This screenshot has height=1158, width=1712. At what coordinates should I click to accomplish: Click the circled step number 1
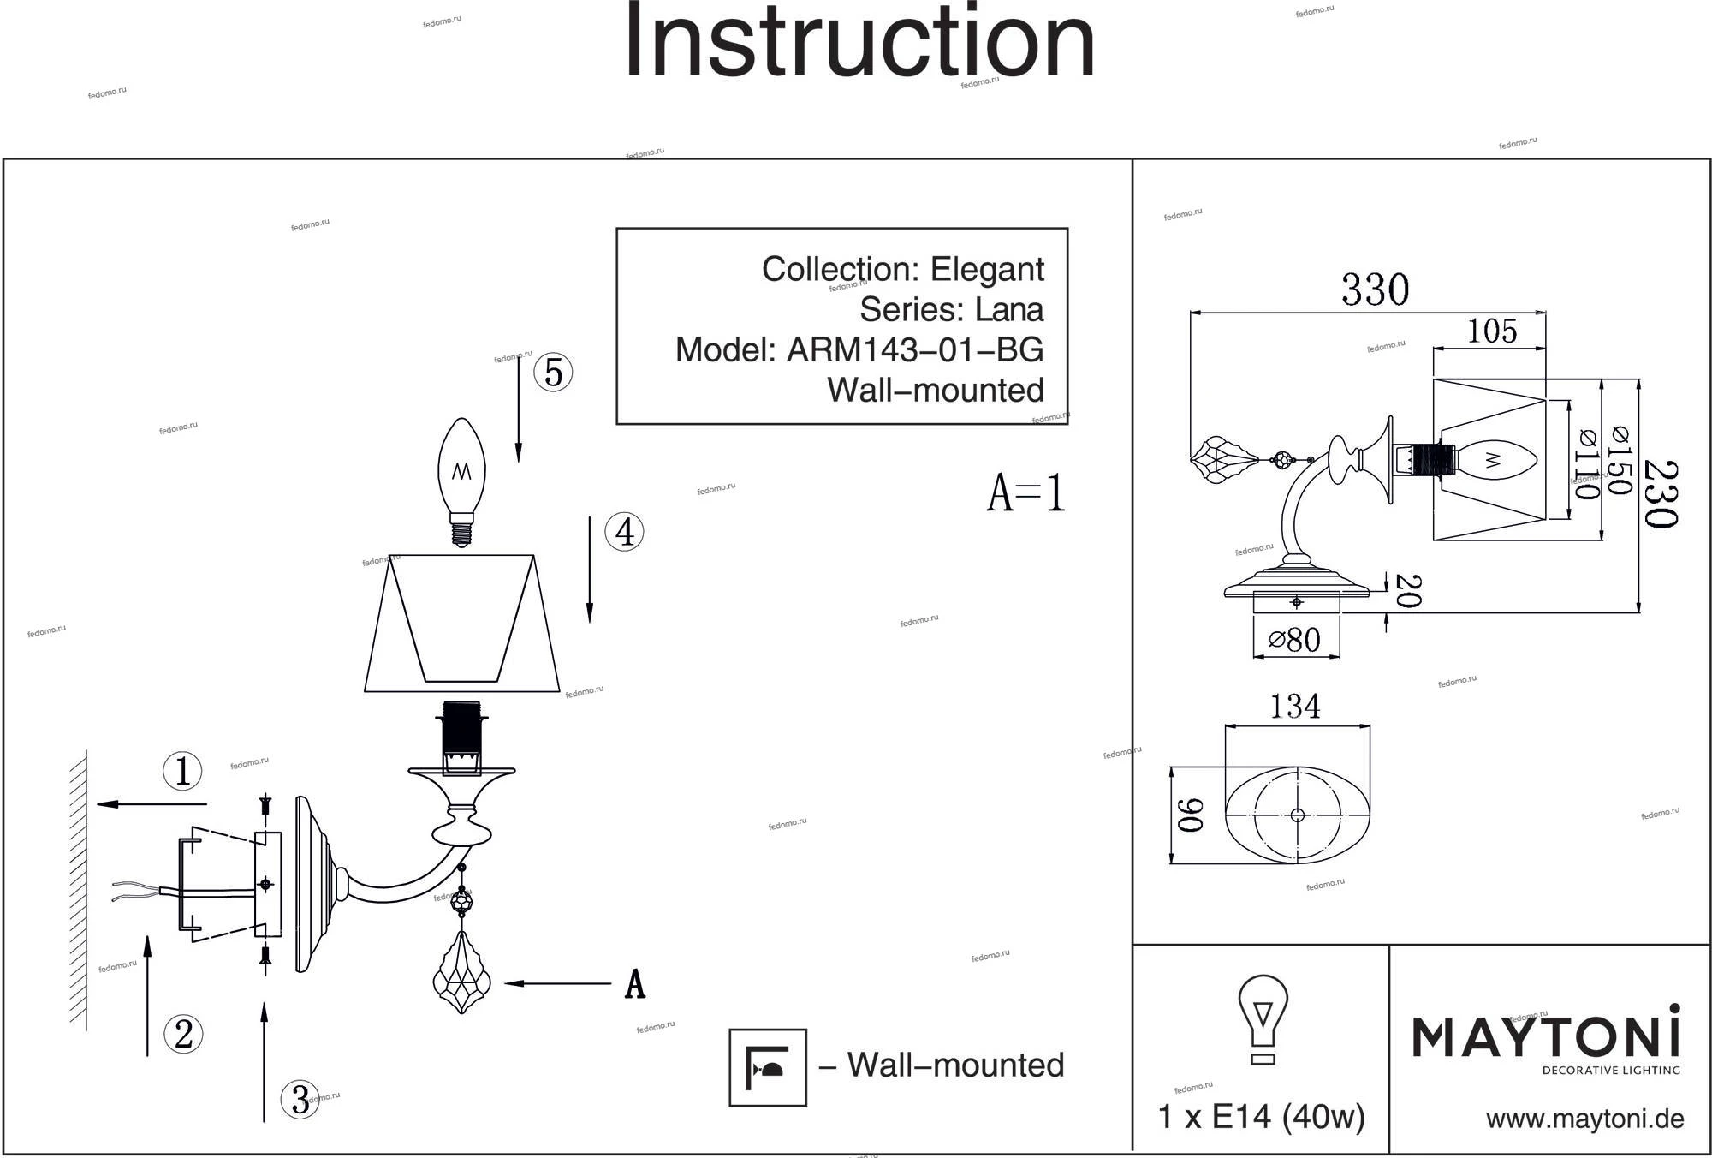coord(182,771)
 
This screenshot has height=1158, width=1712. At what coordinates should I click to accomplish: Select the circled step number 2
coord(183,1034)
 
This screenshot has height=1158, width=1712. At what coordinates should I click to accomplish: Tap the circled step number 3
coord(300,1099)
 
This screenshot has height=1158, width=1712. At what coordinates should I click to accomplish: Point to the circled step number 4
coord(624,532)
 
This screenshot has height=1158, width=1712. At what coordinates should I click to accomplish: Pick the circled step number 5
coord(553,373)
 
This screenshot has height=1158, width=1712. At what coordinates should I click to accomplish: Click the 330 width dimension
coord(1375,289)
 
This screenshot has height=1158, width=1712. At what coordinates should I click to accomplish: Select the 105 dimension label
coord(1492,331)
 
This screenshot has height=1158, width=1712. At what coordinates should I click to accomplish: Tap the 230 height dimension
coord(1661,494)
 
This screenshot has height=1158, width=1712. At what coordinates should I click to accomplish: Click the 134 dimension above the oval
coord(1294,707)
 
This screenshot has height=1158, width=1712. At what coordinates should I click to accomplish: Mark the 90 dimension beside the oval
coord(1191,815)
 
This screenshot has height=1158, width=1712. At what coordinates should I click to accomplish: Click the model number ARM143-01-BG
coord(915,349)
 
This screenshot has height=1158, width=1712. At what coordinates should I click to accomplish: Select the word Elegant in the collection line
coord(987,269)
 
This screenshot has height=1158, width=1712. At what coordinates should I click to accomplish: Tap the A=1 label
coord(1026,493)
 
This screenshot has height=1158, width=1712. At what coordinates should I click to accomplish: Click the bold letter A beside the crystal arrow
coord(634,984)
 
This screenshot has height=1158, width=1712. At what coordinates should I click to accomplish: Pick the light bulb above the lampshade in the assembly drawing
coord(461,481)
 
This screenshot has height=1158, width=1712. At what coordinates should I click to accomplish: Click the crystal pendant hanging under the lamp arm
coord(462,973)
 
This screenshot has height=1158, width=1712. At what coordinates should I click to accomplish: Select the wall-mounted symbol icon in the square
coord(768,1067)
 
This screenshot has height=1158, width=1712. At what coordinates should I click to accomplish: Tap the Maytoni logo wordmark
coord(1545,1036)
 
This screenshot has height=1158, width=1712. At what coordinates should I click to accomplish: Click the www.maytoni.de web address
coord(1584,1119)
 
